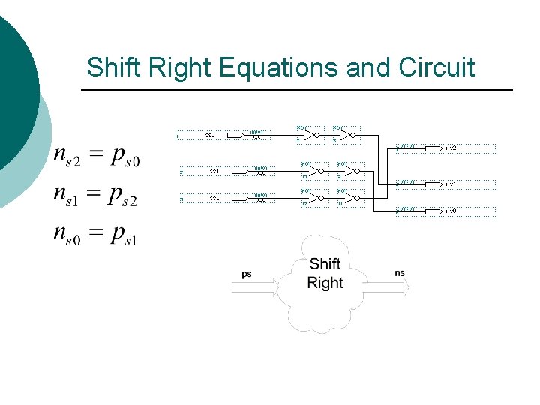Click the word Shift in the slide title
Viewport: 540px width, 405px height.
(110, 67)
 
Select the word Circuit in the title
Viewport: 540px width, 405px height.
(438, 67)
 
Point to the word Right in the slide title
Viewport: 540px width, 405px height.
(177, 67)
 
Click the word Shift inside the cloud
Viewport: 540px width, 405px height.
(325, 263)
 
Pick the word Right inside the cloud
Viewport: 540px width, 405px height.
(325, 283)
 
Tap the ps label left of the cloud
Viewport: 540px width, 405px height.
(247, 274)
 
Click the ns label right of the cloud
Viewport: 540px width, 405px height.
(399, 273)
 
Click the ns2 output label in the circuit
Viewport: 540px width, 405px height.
(451, 148)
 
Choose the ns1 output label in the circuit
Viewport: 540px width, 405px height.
(451, 183)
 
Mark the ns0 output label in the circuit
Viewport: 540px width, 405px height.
(451, 211)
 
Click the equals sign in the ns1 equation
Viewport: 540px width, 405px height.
(93, 193)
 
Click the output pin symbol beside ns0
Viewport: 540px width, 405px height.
(433, 211)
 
